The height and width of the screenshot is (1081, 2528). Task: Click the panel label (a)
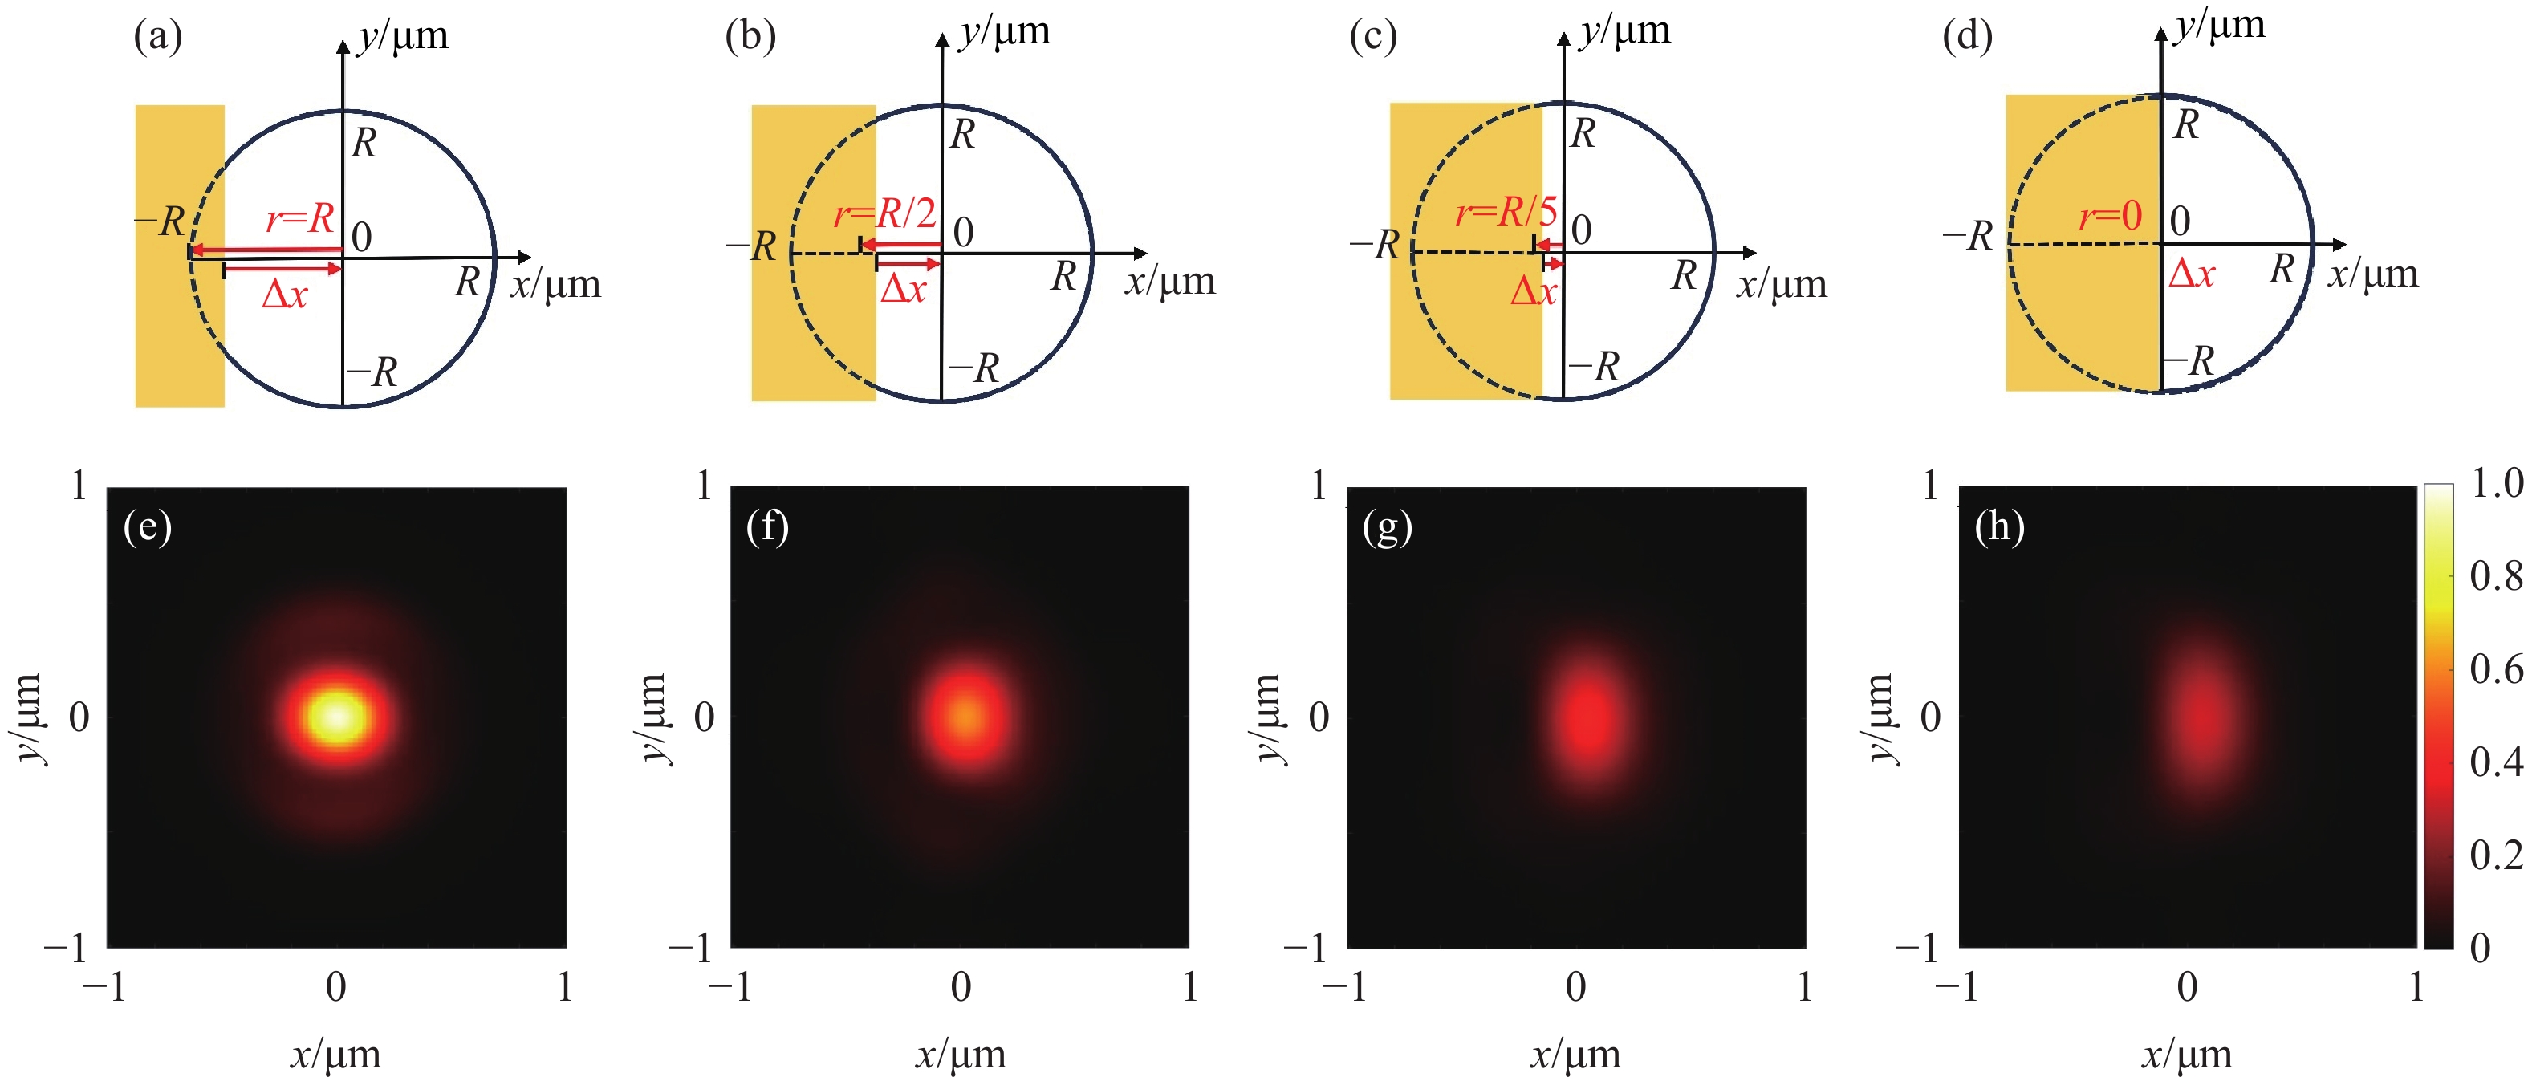click(158, 36)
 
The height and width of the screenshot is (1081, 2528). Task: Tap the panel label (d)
click(1967, 36)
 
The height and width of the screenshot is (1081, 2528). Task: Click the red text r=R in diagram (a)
click(299, 217)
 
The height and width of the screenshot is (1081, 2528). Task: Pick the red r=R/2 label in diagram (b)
click(884, 213)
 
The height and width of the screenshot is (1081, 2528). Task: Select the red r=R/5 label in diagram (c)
click(1506, 211)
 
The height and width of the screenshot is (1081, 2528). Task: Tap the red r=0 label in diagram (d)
click(2110, 216)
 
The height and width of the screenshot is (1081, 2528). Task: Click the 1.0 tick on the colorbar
click(2496, 484)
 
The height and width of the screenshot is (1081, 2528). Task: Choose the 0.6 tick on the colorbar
click(2496, 669)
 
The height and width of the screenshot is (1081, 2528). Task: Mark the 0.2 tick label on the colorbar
click(2496, 855)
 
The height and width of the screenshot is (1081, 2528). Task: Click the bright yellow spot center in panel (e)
click(336, 716)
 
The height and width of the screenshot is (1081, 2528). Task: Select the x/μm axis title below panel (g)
click(1575, 1055)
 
